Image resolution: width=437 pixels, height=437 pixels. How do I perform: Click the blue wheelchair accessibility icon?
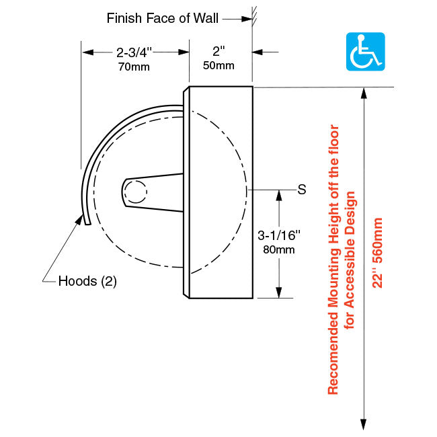[365, 52]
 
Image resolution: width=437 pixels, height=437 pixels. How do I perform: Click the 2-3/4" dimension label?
[134, 52]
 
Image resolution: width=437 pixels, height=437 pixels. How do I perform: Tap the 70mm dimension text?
[134, 67]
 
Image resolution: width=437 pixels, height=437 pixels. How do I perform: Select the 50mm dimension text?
[218, 65]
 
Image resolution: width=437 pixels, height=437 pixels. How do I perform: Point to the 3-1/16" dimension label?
[279, 235]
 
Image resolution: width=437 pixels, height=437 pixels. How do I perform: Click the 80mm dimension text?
[279, 249]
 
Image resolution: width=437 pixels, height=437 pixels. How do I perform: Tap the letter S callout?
[302, 190]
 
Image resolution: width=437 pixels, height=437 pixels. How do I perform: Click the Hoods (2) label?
[87, 281]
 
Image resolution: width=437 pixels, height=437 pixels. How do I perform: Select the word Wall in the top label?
[206, 18]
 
